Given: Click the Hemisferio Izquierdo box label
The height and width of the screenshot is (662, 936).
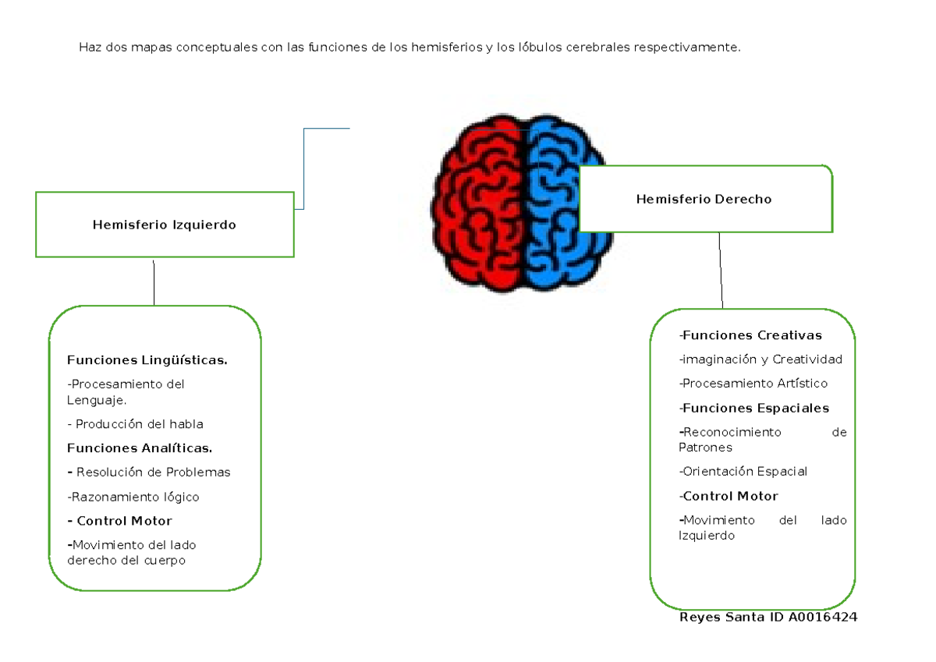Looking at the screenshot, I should coord(164,225).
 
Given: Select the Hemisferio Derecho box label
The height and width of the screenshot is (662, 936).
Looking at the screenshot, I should coord(704,200).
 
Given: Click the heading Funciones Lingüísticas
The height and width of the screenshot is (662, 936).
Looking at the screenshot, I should coord(147,360).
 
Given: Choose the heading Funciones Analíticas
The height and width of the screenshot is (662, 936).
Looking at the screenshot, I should coord(140,448).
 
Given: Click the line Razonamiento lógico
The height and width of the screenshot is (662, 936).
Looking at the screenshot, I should coord(133,497).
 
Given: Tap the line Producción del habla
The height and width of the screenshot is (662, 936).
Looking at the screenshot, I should coord(136,424).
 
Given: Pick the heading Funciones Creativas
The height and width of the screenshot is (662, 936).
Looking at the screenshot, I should coord(750,336).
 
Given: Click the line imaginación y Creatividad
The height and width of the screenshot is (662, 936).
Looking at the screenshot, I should coord(760,359).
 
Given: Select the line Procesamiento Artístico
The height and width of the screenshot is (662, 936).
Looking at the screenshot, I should coord(753,384).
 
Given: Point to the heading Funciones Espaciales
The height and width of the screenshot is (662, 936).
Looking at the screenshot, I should coord(754,409).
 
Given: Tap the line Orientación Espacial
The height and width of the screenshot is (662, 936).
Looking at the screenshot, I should coord(743,472).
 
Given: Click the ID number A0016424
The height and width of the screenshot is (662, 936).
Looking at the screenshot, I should coord(822,618).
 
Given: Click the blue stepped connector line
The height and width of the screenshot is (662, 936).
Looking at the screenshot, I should coord(304,168).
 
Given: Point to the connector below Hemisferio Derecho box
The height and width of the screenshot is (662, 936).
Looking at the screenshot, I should coord(721,270).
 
